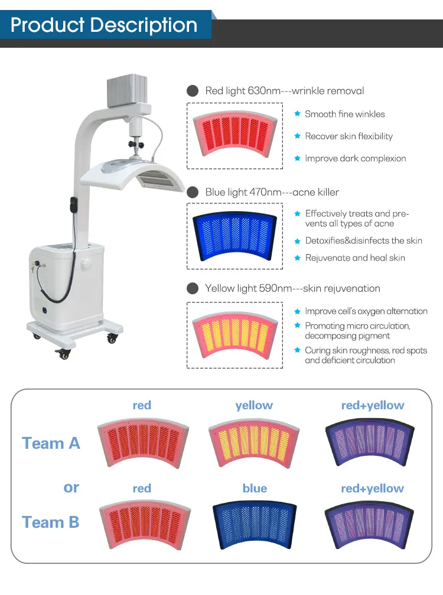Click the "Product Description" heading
pyautogui.click(x=104, y=25)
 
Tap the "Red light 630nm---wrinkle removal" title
pyautogui.click(x=284, y=91)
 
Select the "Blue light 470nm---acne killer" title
pyautogui.click(x=272, y=192)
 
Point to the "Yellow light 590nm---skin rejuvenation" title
pyautogui.click(x=292, y=288)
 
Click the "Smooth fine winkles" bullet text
pyautogui.click(x=344, y=114)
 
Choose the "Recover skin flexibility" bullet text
pyautogui.click(x=348, y=136)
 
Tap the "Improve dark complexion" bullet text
pyautogui.click(x=355, y=158)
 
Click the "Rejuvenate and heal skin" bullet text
pyautogui.click(x=355, y=258)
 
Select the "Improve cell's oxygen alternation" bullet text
pyautogui.click(x=366, y=311)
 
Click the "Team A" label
pyautogui.click(x=51, y=443)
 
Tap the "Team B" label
pyautogui.click(x=51, y=522)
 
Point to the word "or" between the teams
pyautogui.click(x=71, y=487)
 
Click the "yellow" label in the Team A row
pyautogui.click(x=254, y=405)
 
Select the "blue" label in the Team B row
pyautogui.click(x=255, y=488)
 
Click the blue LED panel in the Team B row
pyautogui.click(x=255, y=524)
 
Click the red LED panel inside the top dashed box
pyautogui.click(x=235, y=134)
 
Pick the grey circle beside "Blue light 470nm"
pyautogui.click(x=193, y=192)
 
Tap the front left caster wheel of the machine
pyautogui.click(x=63, y=354)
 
